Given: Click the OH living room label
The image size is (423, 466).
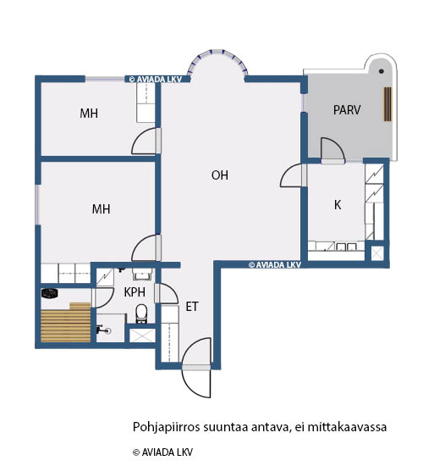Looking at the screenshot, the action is coord(220,175).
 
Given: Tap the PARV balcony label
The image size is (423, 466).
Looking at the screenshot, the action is coord(347,110).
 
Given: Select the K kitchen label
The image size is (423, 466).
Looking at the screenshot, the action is coord(338,205).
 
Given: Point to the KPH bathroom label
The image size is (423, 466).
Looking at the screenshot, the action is coord(135,292).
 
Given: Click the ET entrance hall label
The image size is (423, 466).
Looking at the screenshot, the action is coord(192,307).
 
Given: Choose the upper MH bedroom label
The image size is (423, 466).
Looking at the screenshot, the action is coord(89,114).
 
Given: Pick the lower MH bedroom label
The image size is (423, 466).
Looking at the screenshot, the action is coord(101,209).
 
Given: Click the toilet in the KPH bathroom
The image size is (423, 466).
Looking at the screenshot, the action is coord(141,313).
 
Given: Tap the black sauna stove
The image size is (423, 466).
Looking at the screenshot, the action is coord(49,294).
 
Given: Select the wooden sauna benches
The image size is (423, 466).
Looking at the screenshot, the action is coord(66,323).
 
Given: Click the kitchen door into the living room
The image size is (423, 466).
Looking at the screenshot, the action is coord(291,175).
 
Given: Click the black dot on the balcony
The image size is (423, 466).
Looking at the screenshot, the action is coord(382,71).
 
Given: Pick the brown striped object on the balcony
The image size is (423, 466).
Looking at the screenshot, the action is coord(387,104).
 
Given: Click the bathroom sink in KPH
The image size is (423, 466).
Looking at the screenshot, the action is coord(142,274).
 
